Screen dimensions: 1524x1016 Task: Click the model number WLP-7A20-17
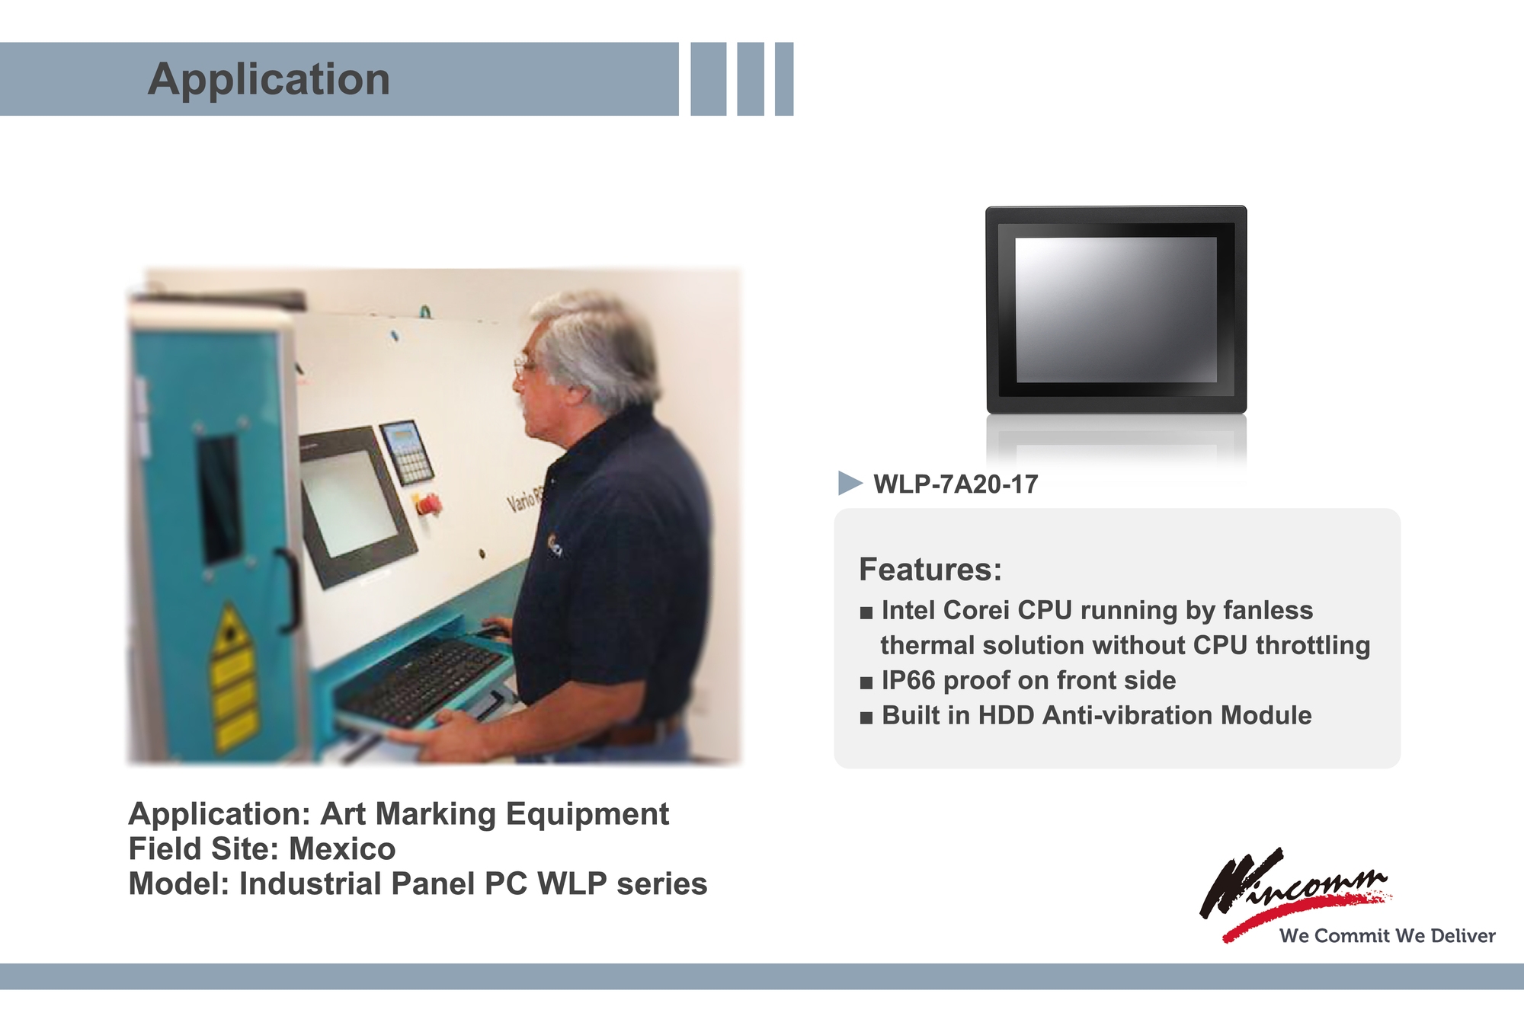tap(956, 484)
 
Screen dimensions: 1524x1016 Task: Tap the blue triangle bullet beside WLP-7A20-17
tap(850, 483)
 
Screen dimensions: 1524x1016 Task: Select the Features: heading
tap(930, 569)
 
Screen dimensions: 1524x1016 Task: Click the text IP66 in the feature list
tap(908, 680)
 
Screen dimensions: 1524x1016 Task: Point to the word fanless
tap(1268, 610)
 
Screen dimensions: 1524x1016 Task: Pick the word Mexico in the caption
tap(342, 848)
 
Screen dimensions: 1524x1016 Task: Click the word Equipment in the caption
tap(588, 814)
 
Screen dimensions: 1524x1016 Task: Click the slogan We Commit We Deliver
tap(1388, 935)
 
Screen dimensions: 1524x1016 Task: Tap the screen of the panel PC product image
tap(1116, 309)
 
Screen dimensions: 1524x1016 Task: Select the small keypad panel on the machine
tap(407, 452)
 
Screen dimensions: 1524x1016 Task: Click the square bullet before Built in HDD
tap(866, 717)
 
